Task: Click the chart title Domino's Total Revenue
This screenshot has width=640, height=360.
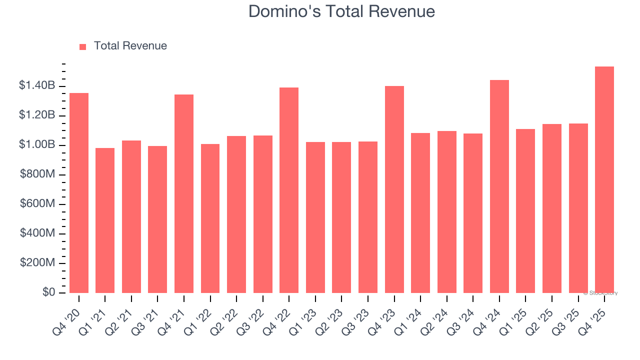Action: [x=341, y=11]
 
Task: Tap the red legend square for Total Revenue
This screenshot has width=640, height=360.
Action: [x=83, y=46]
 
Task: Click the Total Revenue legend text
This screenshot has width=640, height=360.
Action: [x=130, y=46]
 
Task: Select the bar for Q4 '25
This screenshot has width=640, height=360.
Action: [x=604, y=180]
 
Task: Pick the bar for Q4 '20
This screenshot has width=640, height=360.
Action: [x=79, y=193]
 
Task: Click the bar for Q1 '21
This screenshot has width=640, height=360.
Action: [x=105, y=220]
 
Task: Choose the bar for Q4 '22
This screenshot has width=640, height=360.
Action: [x=289, y=190]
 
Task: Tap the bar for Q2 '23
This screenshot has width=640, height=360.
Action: [x=341, y=217]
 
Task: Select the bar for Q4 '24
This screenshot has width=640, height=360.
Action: [x=499, y=186]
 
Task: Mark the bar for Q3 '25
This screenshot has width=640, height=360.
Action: [x=578, y=208]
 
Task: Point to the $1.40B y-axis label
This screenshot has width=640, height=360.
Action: [x=37, y=86]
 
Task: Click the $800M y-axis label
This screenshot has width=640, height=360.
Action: [x=37, y=174]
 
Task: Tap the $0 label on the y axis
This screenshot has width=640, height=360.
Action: [x=48, y=292]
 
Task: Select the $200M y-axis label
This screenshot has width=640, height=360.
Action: [x=37, y=263]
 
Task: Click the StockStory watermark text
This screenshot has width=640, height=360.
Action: [x=600, y=293]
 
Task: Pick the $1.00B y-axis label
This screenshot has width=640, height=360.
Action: [x=37, y=145]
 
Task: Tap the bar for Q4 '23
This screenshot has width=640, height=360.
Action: [x=394, y=189]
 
